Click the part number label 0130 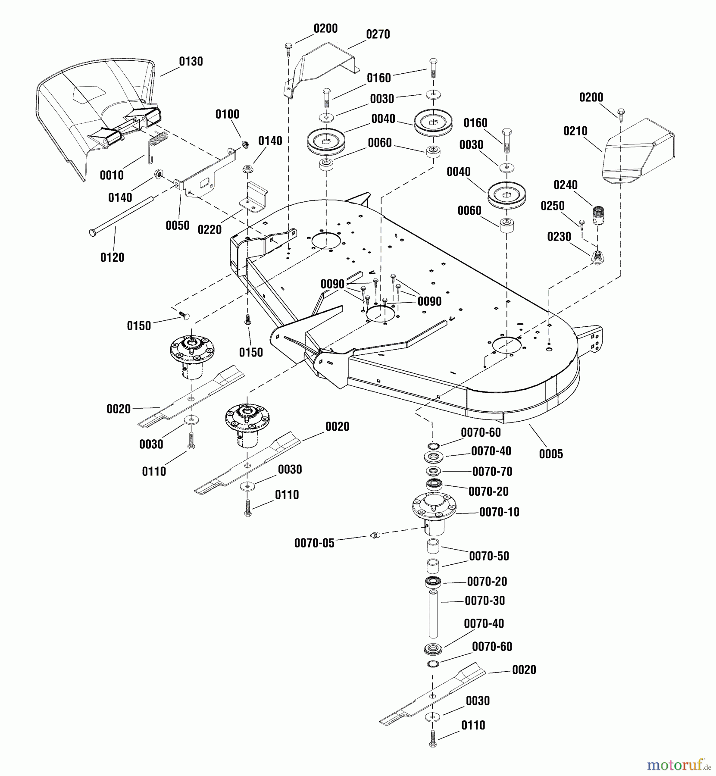pos(191,62)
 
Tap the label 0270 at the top pos(378,34)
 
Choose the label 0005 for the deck pos(550,454)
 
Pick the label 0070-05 pos(314,543)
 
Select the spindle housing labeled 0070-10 pos(434,511)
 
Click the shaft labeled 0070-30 pos(433,614)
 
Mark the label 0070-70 pos(492,472)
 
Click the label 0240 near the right pos(565,185)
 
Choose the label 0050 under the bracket pos(177,225)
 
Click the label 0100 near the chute pos(227,115)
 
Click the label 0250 pos(552,206)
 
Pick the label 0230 pos(559,237)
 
